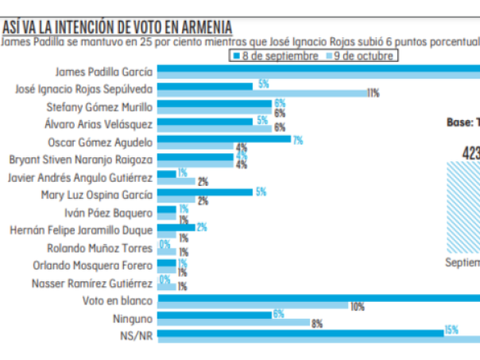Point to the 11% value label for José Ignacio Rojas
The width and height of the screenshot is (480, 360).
pos(373,93)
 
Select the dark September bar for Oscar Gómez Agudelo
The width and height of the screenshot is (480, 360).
pos(224,139)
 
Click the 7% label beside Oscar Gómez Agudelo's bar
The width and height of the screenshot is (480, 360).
pos(298,140)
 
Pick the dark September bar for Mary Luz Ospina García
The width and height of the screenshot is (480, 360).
pos(205,191)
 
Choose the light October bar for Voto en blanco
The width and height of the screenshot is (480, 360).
pos(253,307)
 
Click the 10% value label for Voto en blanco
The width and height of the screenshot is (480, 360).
pos(357,307)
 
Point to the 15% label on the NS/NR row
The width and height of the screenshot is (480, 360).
pos(451,330)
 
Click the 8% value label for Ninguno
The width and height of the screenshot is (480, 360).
pos(317,323)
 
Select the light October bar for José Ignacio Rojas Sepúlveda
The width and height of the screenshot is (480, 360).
pos(261,93)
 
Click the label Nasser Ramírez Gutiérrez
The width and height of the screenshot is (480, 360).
pos(92,283)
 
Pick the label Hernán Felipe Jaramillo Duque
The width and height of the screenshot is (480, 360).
pos(81,230)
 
